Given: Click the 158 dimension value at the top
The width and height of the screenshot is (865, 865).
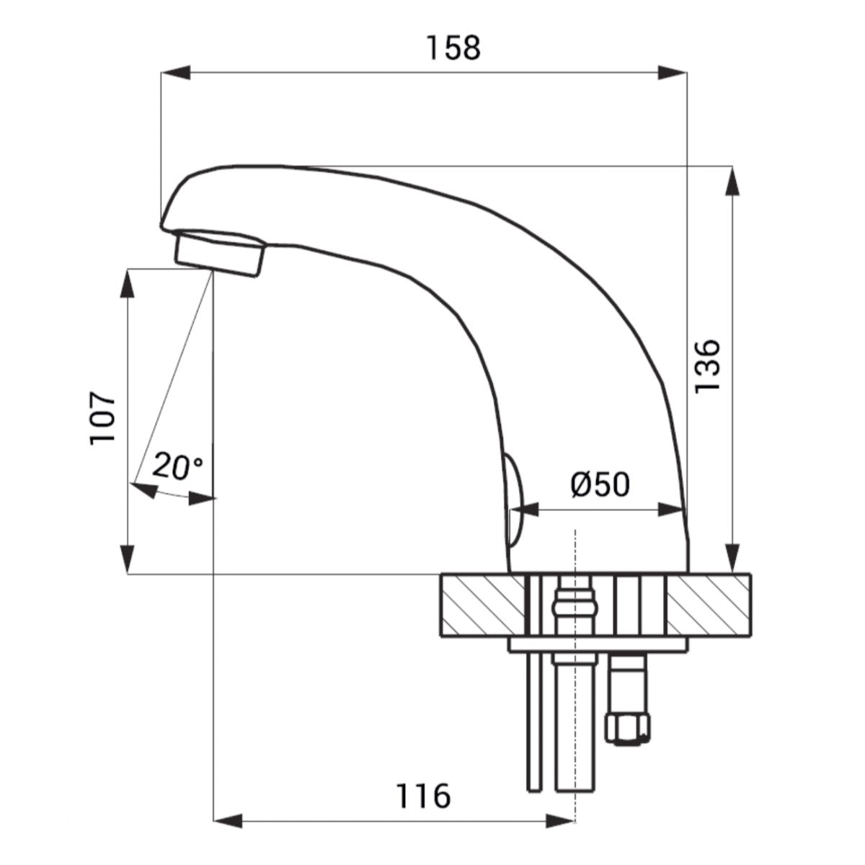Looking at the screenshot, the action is pyautogui.click(x=453, y=48).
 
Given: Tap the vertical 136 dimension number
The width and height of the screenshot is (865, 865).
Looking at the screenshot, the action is pyautogui.click(x=707, y=366).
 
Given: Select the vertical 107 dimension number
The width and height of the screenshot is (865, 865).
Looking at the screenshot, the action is pyautogui.click(x=102, y=419).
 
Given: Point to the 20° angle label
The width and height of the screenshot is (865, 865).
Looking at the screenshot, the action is pyautogui.click(x=177, y=466).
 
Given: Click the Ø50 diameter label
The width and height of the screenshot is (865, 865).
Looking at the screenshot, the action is pyautogui.click(x=600, y=484).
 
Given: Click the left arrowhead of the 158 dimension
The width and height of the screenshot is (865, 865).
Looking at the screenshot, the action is pyautogui.click(x=175, y=72).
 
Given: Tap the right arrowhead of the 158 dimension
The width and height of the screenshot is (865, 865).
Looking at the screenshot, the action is pyautogui.click(x=673, y=72).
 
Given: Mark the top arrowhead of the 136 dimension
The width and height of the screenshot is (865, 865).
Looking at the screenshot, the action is pyautogui.click(x=732, y=181).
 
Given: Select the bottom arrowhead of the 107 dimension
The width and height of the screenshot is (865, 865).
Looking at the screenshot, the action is pyautogui.click(x=128, y=559).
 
